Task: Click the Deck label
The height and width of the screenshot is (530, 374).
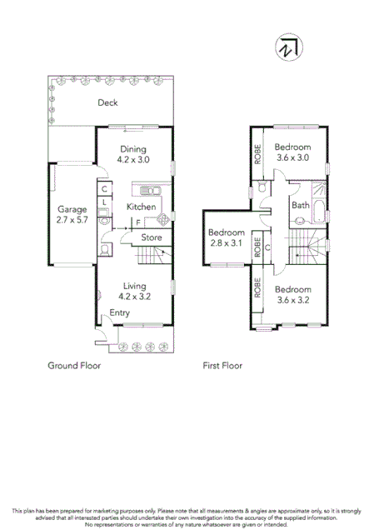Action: [107, 103]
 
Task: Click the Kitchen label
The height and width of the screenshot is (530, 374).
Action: [141, 206]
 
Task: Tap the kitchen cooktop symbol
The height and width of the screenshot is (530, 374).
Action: [163, 220]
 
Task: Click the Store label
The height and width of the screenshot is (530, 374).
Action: [151, 237]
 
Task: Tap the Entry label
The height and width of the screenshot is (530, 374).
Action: [119, 312]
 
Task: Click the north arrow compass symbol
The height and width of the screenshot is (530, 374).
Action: [288, 48]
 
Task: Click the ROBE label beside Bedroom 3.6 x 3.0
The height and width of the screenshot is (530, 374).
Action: [258, 154]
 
